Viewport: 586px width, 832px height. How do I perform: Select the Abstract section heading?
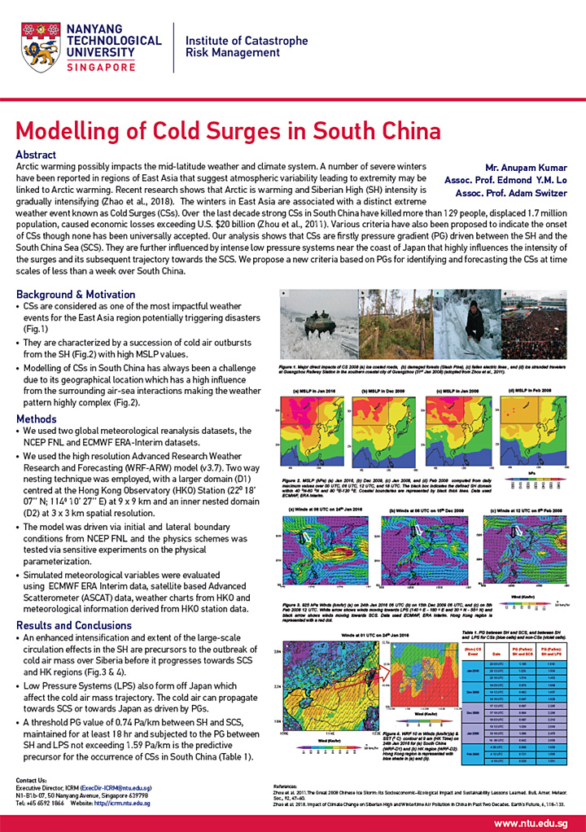click(36, 155)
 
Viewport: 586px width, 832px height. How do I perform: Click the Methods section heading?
click(37, 419)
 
